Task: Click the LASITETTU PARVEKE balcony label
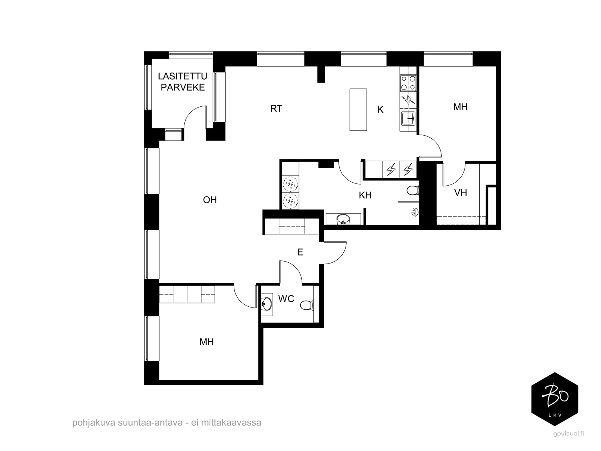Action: pos(183,82)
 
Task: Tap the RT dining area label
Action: pos(276,109)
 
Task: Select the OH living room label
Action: pos(210,200)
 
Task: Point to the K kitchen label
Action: pos(380,109)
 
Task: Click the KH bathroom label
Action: pos(365,195)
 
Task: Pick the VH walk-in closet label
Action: pos(460,193)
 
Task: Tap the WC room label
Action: pos(286,299)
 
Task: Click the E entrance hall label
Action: pos(300,252)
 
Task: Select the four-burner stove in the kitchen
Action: pos(408,83)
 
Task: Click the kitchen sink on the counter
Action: pos(408,119)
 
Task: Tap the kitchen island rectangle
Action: pos(358,109)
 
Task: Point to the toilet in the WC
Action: pos(307,305)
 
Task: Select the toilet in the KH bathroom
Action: pos(413,190)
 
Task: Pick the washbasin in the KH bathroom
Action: pos(343,219)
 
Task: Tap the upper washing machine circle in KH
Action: pos(290,184)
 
